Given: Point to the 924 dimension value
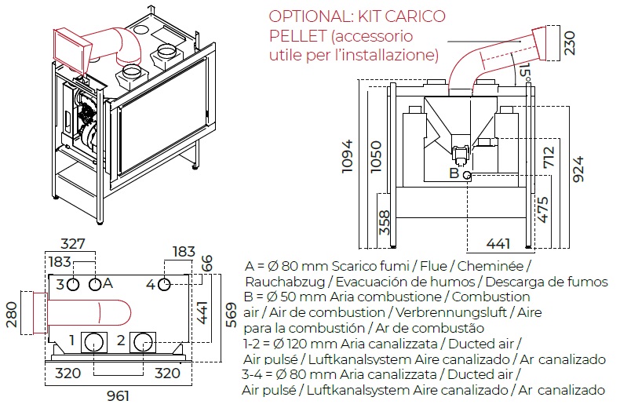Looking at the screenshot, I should [x=579, y=168].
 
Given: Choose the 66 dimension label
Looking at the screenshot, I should [x=207, y=264].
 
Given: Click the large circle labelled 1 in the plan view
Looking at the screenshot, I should [x=96, y=341].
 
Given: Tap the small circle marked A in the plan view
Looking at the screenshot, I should [x=95, y=284].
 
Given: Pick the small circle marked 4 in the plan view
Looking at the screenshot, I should [x=165, y=284].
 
